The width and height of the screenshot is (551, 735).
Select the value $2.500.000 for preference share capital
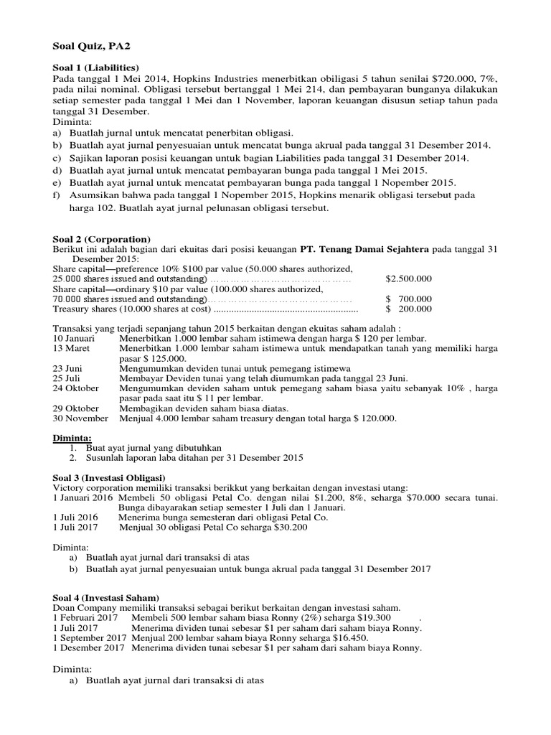409,278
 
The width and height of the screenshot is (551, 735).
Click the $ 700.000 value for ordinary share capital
409,299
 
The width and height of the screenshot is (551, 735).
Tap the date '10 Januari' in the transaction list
75,339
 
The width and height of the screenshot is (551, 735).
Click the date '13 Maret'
72,349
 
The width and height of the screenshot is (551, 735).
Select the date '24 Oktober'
76,389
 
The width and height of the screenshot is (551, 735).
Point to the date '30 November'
80,418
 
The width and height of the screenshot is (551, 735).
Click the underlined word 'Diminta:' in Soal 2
73,436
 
